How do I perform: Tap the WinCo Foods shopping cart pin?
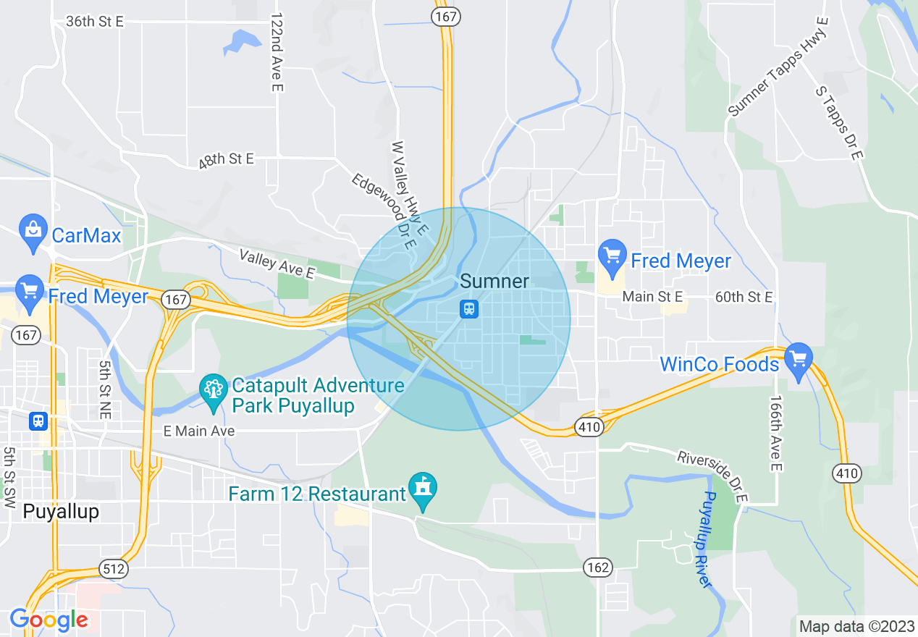pos(799,360)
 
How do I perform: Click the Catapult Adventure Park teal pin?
pos(213,391)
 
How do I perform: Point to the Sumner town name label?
pos(494,282)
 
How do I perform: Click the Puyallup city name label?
pos(61,511)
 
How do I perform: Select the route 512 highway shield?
pos(114,568)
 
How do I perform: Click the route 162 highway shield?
pos(599,567)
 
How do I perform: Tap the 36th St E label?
pos(95,21)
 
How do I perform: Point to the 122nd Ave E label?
pos(276,51)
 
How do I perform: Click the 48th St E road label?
pos(226,160)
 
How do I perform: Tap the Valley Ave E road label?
pos(277,264)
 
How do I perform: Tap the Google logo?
pos(49,620)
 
